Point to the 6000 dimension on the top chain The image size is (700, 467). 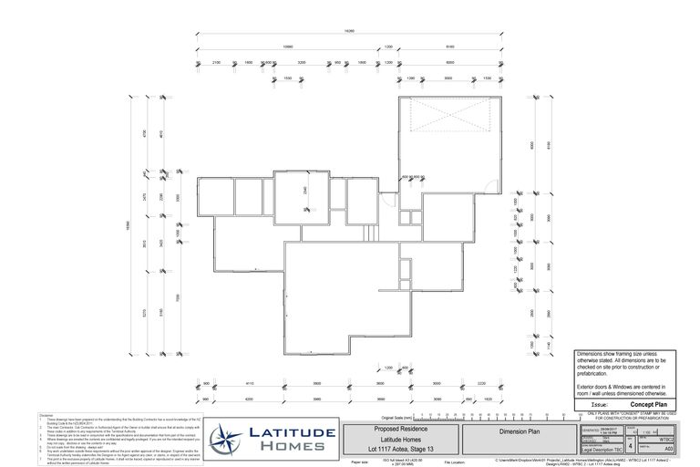(x=450, y=61)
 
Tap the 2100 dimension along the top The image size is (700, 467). (x=216, y=61)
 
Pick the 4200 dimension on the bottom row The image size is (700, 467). (x=235, y=399)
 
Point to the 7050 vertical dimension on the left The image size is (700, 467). (x=179, y=298)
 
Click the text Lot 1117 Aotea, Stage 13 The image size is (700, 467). (x=403, y=449)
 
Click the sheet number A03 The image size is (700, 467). (x=668, y=449)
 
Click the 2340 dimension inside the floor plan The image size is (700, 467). (x=304, y=192)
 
